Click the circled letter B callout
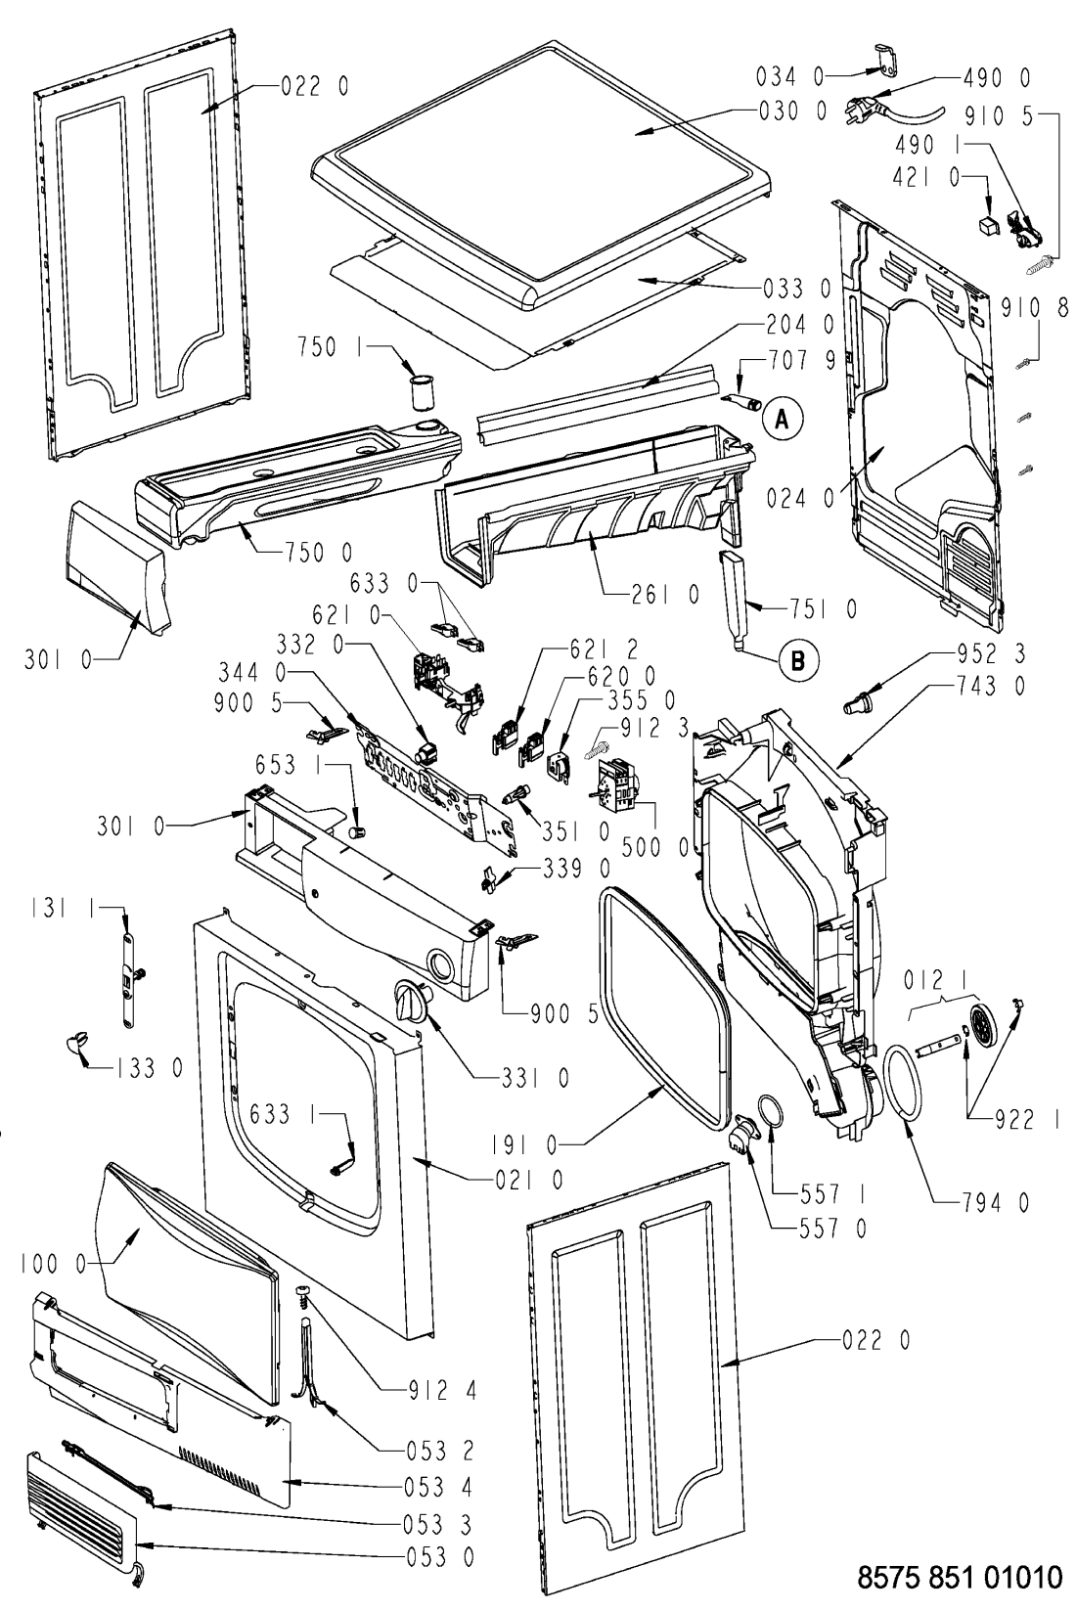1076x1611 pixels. point(797,659)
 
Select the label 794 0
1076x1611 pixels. point(995,1201)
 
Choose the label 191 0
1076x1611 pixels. point(527,1144)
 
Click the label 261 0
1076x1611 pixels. point(665,595)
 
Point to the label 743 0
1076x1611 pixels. point(994,686)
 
